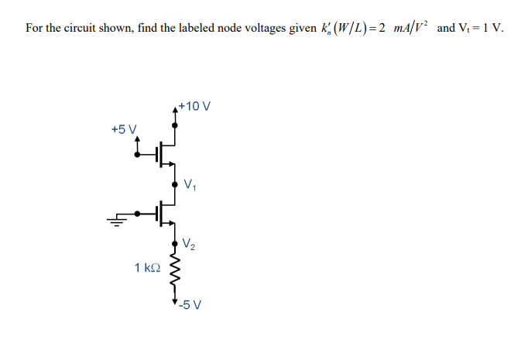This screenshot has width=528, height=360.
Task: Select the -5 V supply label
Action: (x=190, y=304)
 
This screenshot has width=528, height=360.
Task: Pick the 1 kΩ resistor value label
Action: (x=147, y=268)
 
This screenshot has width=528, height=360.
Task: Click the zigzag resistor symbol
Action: (x=175, y=272)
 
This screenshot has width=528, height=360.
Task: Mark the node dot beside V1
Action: (x=175, y=183)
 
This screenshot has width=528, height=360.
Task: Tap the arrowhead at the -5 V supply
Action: (x=175, y=300)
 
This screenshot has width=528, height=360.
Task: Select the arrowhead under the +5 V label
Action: (x=138, y=142)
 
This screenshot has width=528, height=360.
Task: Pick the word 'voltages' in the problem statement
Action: (x=260, y=29)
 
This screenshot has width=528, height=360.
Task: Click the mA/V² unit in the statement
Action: (x=406, y=28)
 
